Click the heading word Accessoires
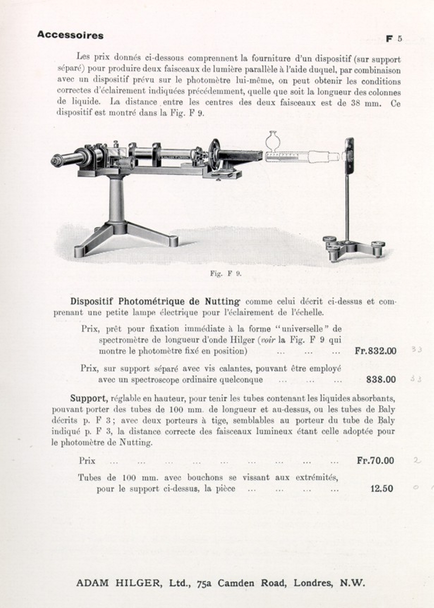[x=70, y=35]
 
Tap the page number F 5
[x=393, y=39]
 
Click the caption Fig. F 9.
[x=225, y=273]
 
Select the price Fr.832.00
[x=375, y=351]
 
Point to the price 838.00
[x=381, y=379]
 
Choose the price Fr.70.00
[x=375, y=460]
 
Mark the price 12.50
[x=381, y=489]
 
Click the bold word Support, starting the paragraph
[x=89, y=398]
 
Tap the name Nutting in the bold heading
[x=222, y=302]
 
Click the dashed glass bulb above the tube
[x=272, y=140]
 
